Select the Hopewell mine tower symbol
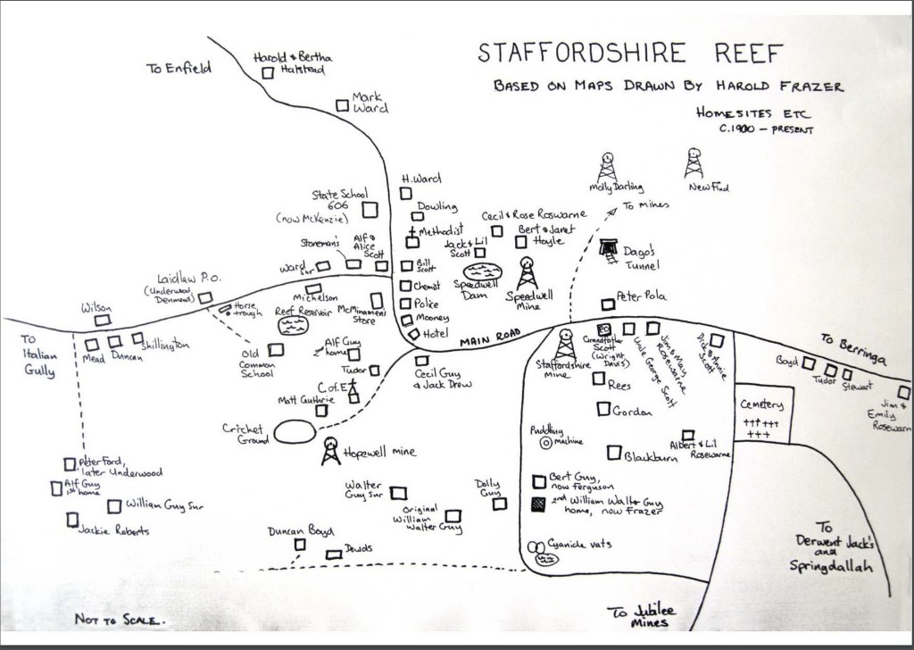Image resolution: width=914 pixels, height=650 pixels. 330,450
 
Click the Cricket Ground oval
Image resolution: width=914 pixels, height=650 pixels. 294,432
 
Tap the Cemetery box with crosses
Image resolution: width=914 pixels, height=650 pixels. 759,421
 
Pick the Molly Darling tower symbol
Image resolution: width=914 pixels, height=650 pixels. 609,165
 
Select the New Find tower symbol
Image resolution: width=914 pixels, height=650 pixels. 694,163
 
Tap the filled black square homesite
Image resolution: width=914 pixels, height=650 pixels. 537,504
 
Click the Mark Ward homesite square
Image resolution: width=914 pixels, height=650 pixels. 341,105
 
